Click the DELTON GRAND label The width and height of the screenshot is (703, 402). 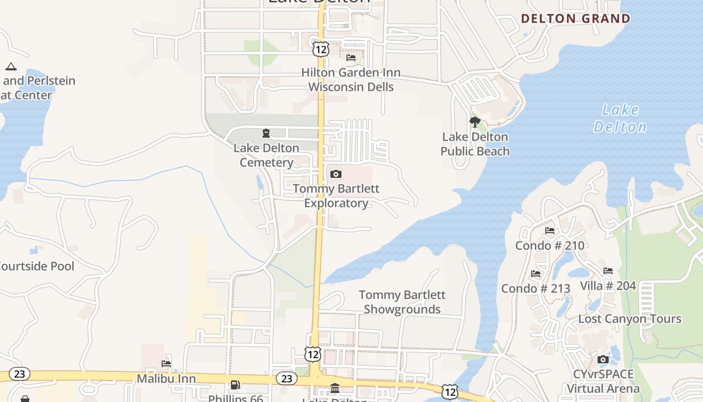click(x=575, y=19)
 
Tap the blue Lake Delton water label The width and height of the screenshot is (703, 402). click(x=620, y=118)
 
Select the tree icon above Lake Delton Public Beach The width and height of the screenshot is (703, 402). click(x=475, y=122)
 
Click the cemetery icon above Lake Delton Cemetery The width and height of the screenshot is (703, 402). click(x=266, y=133)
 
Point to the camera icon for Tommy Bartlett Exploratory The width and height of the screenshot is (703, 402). click(x=336, y=174)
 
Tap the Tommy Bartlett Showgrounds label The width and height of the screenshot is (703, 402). click(x=402, y=302)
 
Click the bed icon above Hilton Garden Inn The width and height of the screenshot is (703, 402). click(x=351, y=58)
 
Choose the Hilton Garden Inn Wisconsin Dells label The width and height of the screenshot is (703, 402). click(x=351, y=80)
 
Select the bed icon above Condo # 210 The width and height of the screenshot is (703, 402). click(x=550, y=231)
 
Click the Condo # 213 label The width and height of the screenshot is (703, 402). click(x=536, y=288)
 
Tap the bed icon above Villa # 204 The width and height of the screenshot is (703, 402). click(x=608, y=271)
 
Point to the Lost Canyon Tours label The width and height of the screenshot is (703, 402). click(x=630, y=319)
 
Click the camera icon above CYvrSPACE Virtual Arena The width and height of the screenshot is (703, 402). click(x=603, y=359)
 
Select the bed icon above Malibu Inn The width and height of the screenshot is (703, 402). click(x=166, y=363)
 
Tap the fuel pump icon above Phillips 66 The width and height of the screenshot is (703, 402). click(x=235, y=385)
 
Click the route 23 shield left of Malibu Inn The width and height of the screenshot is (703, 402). click(x=20, y=374)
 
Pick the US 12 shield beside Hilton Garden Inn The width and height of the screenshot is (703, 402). click(x=320, y=49)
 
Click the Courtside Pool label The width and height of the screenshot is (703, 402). click(x=37, y=266)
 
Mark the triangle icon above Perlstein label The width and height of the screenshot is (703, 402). click(x=11, y=66)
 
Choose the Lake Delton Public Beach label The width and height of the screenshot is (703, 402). click(x=475, y=144)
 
